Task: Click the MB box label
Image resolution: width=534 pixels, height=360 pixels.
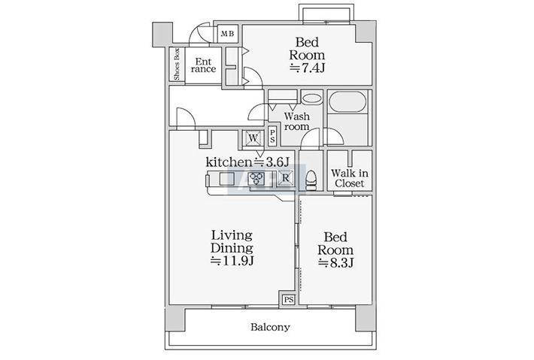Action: pos(227,34)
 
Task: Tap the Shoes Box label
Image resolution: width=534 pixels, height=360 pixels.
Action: pos(177,65)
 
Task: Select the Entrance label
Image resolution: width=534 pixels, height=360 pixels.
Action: pos(203,65)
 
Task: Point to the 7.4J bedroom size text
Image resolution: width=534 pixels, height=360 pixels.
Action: pos(307,68)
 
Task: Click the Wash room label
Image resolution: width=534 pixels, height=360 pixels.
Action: pos(296,122)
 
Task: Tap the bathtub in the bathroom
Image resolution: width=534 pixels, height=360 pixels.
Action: pos(347,101)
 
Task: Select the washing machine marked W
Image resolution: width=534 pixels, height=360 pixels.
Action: pos(253,138)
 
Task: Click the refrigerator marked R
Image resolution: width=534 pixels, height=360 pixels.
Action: pos(285,177)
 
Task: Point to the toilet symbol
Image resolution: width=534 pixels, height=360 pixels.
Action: pos(311,180)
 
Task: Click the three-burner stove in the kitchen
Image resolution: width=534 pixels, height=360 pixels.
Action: pos(256,177)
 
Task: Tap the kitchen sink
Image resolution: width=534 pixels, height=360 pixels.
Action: pos(227,178)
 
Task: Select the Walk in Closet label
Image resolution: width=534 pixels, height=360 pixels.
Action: pos(350,178)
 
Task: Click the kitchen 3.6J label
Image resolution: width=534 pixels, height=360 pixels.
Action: pos(247,162)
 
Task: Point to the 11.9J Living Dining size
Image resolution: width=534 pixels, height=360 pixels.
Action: pos(232,261)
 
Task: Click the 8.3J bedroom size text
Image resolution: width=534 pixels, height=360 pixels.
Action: pos(335,263)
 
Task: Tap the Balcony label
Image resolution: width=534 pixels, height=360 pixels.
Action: pos(271,327)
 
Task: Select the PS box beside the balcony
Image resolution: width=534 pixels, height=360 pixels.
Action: pos(289,300)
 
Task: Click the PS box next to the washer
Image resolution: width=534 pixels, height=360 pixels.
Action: pos(272,137)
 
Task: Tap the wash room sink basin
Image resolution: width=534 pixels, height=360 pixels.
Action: pos(311,98)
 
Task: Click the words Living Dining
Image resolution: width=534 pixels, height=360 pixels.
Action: pos(232,241)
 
